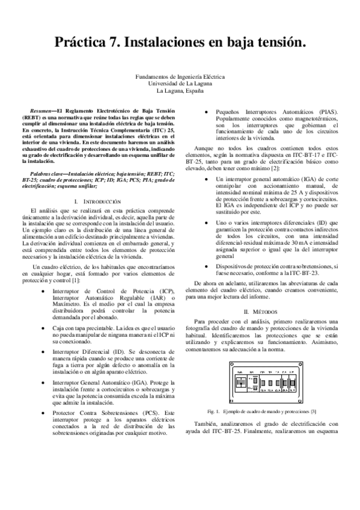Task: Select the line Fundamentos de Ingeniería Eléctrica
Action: pos(180,77)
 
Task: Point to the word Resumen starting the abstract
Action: pos(41,112)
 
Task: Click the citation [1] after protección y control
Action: pos(76,280)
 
